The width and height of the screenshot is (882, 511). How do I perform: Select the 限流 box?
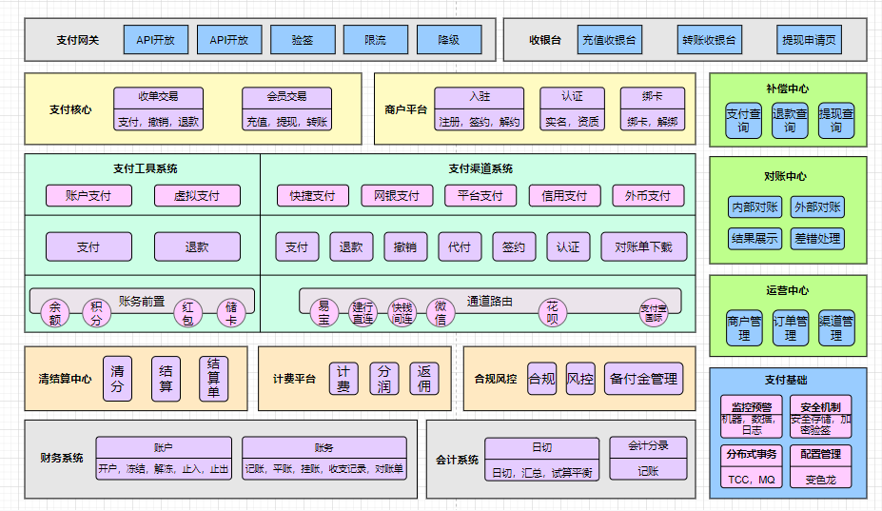tap(376, 40)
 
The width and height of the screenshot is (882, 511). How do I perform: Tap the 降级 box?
tap(449, 40)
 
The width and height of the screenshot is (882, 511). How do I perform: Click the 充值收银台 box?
tap(609, 40)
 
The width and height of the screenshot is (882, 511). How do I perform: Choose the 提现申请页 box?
tap(810, 40)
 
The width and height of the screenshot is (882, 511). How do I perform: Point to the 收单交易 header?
tap(158, 97)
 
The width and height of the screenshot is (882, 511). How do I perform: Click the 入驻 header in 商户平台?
tap(480, 97)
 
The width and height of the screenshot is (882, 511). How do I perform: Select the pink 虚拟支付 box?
tap(197, 196)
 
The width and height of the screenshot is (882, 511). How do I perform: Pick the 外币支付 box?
tap(648, 196)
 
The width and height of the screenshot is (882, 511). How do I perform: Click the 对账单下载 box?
tap(643, 246)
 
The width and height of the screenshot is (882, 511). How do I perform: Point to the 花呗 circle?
tap(552, 312)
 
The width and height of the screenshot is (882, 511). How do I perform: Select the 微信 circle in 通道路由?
tap(441, 312)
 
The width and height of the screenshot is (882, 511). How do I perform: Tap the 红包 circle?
tap(188, 312)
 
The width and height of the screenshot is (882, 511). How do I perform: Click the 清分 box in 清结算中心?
tap(117, 378)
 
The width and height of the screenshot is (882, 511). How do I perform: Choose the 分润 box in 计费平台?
tap(384, 379)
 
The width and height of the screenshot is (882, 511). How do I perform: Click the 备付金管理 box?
tap(643, 379)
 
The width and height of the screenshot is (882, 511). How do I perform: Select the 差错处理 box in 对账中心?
tap(817, 238)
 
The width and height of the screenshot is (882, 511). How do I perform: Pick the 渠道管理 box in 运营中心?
tap(836, 328)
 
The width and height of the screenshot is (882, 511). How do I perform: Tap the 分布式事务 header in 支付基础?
tap(751, 454)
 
